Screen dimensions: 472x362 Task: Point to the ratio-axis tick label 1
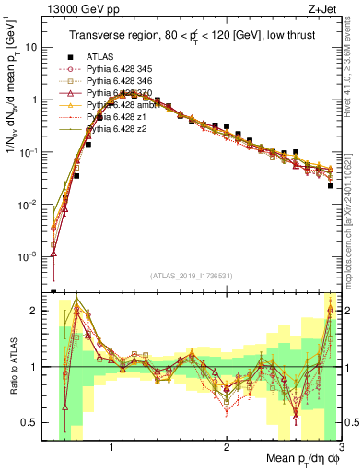[35, 367]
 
